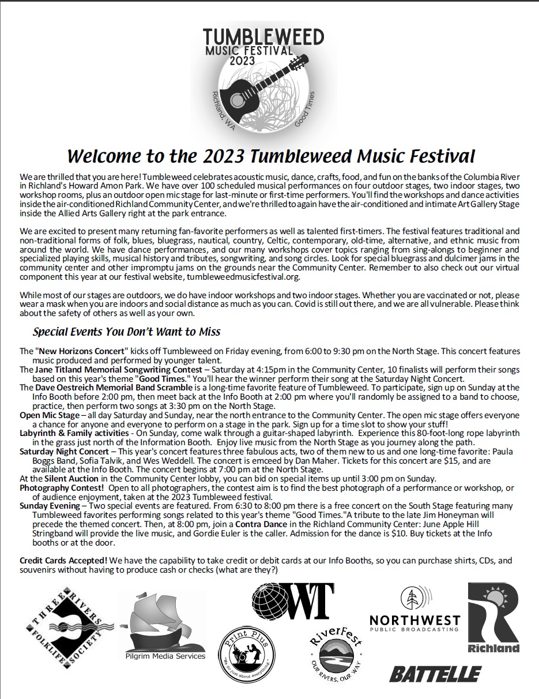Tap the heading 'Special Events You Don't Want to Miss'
pos(126,332)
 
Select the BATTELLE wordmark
pos(435,674)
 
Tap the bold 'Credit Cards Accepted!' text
pos(63,560)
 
